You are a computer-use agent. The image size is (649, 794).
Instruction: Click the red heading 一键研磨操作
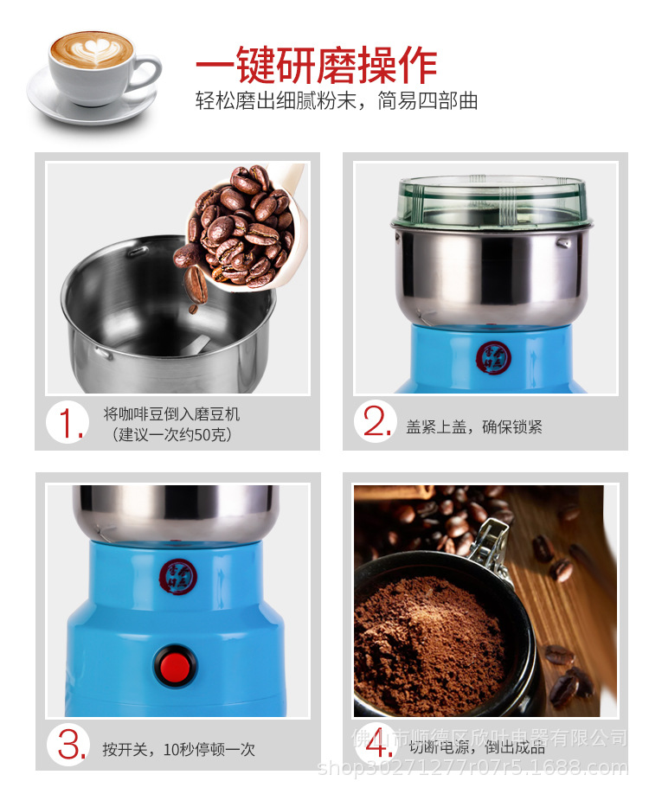tap(316, 66)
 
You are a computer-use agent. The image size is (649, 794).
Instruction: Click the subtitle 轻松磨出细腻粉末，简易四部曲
tap(337, 102)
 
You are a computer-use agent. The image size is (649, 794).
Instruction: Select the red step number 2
tap(378, 422)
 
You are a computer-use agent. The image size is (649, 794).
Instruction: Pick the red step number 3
tap(71, 745)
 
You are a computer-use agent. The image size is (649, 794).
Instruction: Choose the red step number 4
tap(378, 745)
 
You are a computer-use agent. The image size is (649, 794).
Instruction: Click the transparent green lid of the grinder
tap(491, 202)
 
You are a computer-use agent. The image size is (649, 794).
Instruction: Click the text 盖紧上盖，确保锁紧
tap(474, 427)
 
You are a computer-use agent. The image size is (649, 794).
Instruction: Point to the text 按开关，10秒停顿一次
tap(178, 749)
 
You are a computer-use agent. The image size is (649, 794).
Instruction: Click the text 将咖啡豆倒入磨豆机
tap(171, 414)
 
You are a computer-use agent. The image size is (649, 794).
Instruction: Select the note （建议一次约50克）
tap(172, 434)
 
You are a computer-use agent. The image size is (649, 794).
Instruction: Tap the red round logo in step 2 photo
tap(492, 356)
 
